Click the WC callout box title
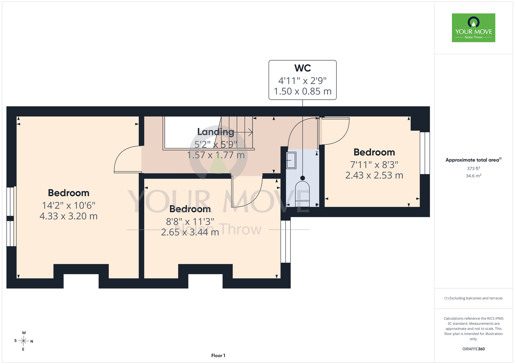click(303, 68)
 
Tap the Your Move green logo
click(474, 28)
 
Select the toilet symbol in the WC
click(302, 194)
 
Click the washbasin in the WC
click(291, 160)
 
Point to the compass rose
click(24, 341)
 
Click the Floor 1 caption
click(218, 356)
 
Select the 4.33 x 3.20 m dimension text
click(68, 216)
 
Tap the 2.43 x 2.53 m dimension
click(374, 175)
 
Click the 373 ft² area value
click(474, 168)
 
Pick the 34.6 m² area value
click(474, 176)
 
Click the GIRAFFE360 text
click(474, 349)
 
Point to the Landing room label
click(216, 132)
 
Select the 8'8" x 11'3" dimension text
click(190, 222)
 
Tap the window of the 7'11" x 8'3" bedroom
click(425, 153)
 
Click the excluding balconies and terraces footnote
click(474, 298)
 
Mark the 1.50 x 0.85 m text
click(303, 91)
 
